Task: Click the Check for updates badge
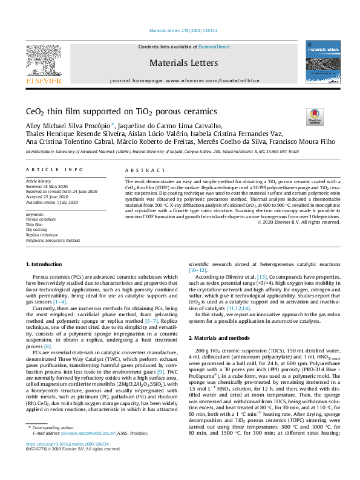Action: coord(315,115)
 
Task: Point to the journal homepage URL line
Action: coord(184,80)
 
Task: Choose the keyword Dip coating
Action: coord(37,229)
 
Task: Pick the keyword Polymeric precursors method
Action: coord(53,240)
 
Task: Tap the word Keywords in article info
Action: coord(36,213)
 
